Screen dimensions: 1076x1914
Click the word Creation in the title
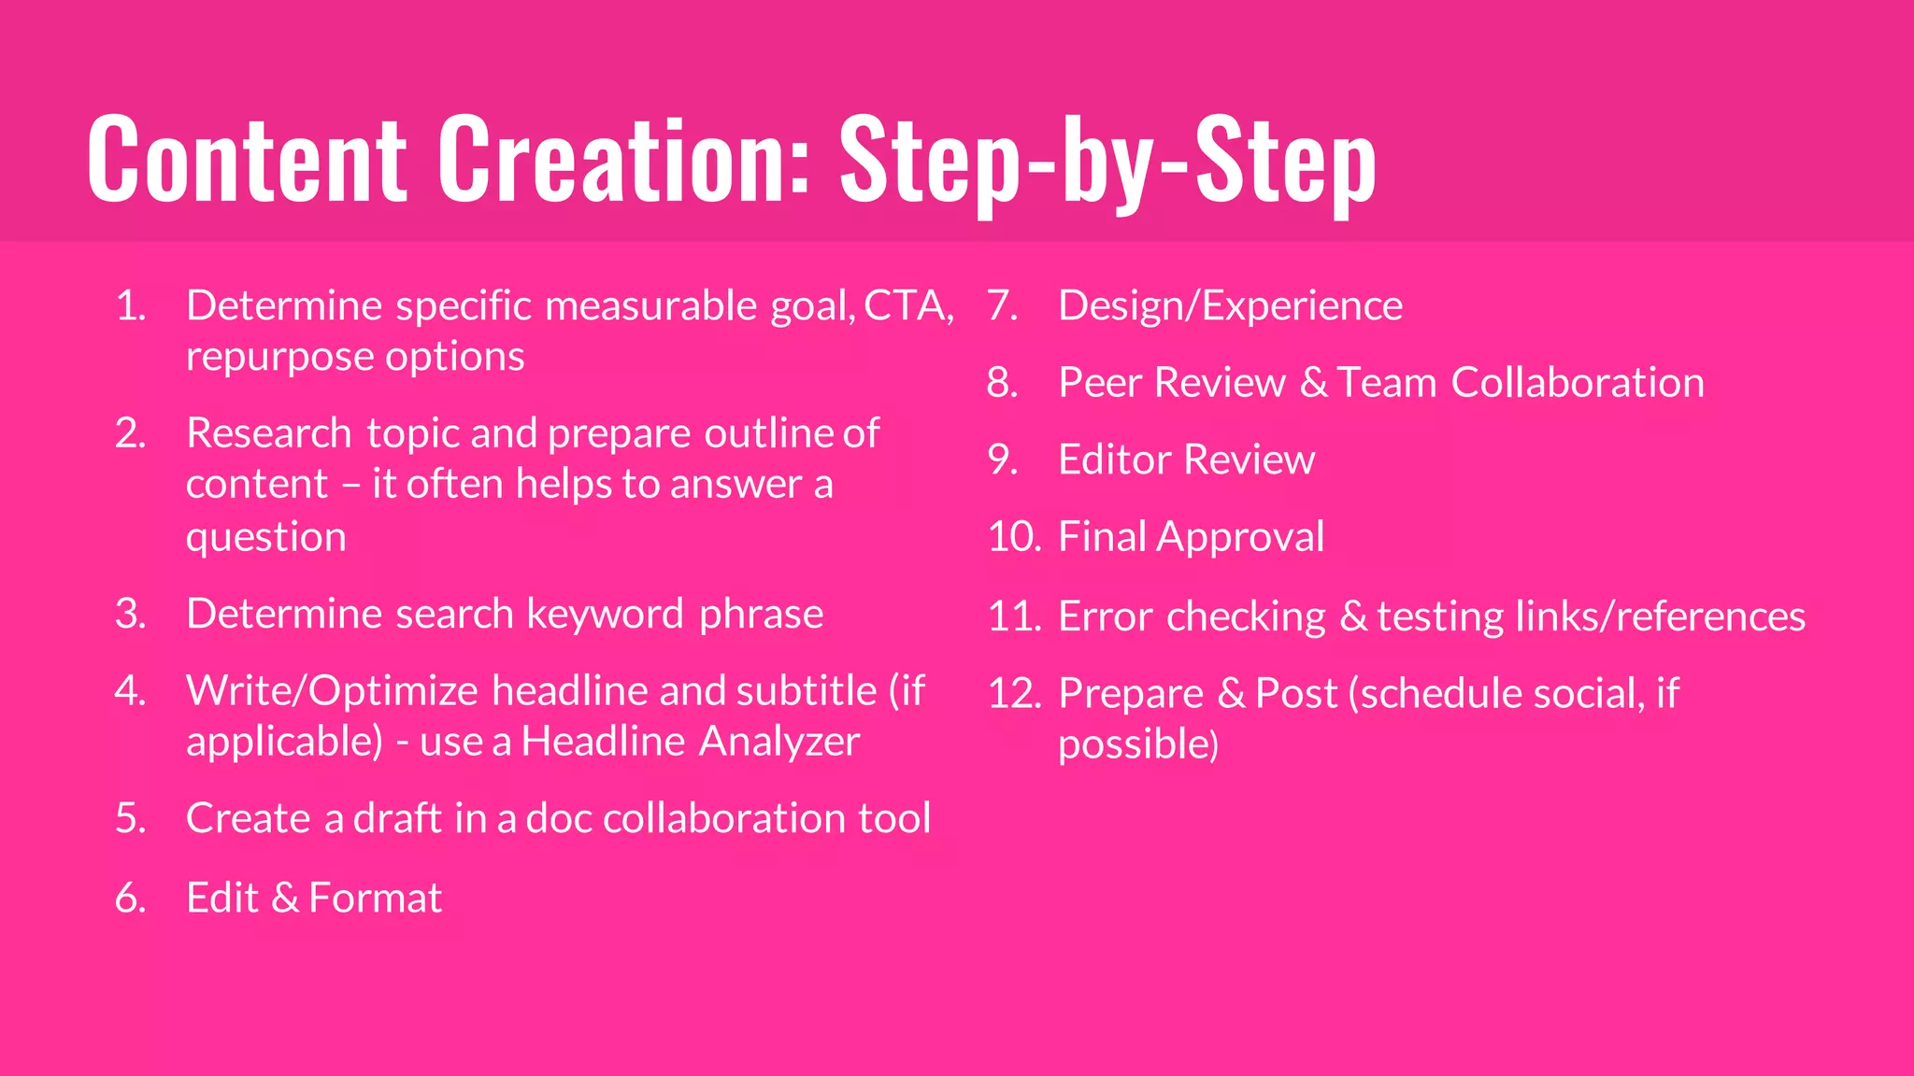click(623, 159)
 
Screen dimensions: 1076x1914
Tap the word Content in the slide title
click(248, 159)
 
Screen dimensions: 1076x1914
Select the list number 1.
click(131, 306)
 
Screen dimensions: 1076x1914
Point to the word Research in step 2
click(269, 433)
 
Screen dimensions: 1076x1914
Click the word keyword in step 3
click(605, 615)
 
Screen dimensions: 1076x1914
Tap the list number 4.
click(131, 691)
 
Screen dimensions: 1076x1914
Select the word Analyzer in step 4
click(779, 743)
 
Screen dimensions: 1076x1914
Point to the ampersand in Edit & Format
click(285, 899)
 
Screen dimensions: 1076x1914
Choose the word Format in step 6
click(376, 899)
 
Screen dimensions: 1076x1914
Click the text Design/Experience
click(1230, 306)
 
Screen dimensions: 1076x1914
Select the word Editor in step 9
click(1114, 460)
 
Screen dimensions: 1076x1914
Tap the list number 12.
click(1014, 694)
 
